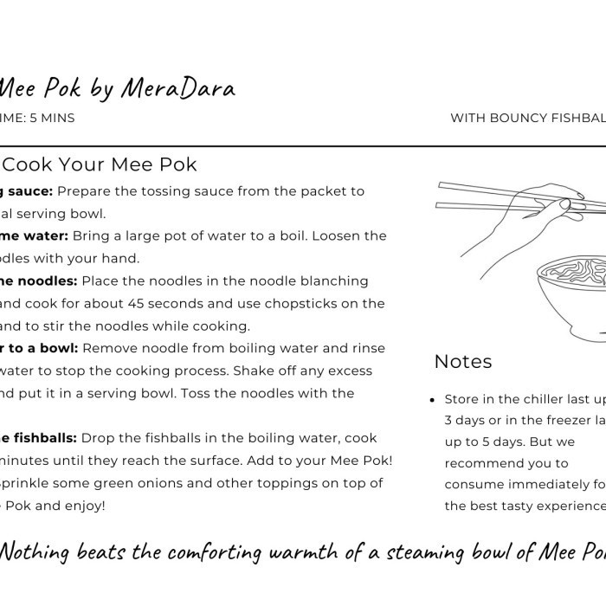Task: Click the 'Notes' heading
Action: pos(462,361)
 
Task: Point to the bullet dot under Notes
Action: pos(432,400)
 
